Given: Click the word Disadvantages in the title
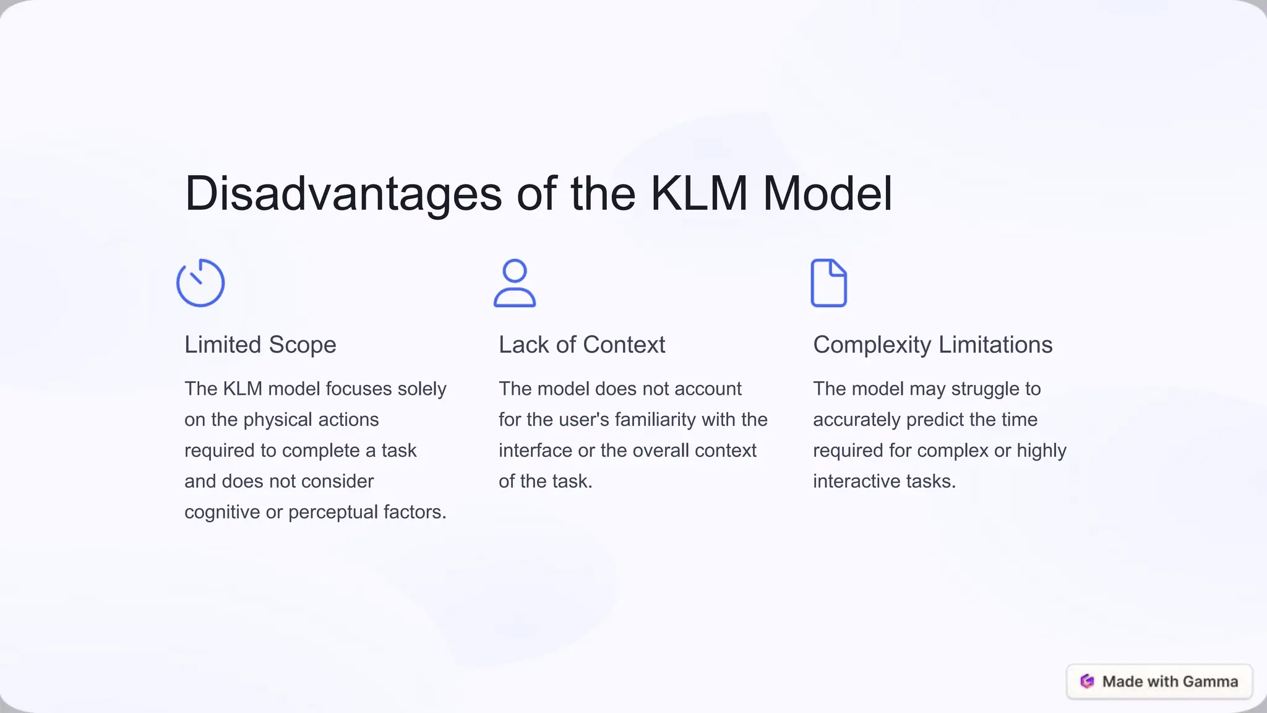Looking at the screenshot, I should [343, 194].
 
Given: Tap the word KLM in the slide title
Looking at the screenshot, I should [699, 194].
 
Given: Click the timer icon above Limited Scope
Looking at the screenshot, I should [200, 283].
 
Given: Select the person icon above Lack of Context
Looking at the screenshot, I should [515, 283].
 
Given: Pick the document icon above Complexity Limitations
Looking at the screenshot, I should [828, 283].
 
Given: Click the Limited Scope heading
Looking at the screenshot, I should [260, 345].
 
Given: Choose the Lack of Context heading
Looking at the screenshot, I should [582, 345].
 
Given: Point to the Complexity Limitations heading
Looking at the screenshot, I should [932, 345].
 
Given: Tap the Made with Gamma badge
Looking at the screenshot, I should [1159, 681].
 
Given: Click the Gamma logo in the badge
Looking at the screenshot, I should [1087, 681].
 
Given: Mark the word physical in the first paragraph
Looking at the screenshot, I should [274, 420].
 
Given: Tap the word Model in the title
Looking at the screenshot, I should [827, 194].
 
